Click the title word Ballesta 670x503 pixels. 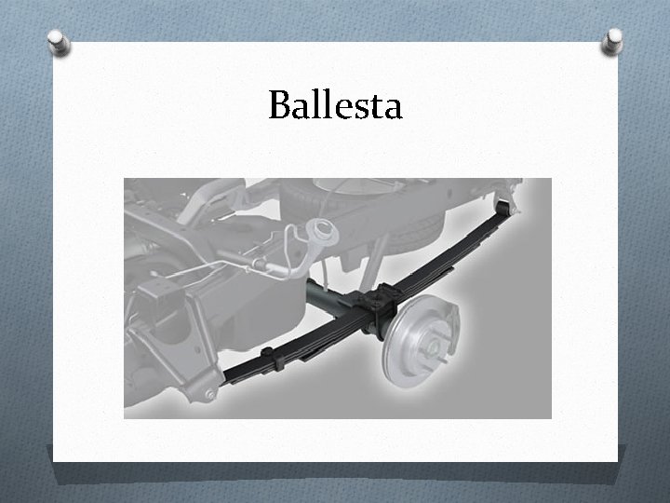pyautogui.click(x=335, y=106)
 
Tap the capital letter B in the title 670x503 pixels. pyautogui.click(x=279, y=106)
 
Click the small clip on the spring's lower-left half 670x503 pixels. pyautogui.click(x=268, y=356)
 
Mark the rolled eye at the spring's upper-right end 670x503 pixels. pyautogui.click(x=506, y=199)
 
